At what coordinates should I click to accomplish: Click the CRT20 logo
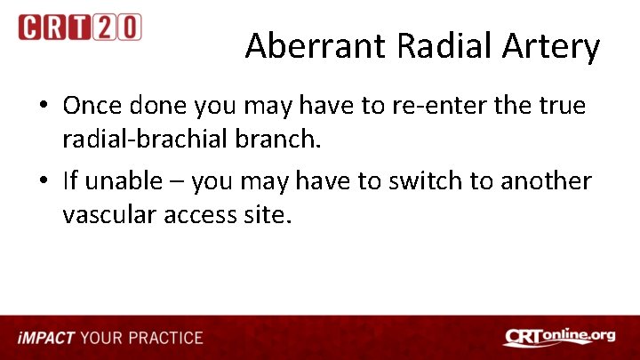79,27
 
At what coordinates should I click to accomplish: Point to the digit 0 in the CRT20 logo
129,27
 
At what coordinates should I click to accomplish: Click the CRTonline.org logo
559,337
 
